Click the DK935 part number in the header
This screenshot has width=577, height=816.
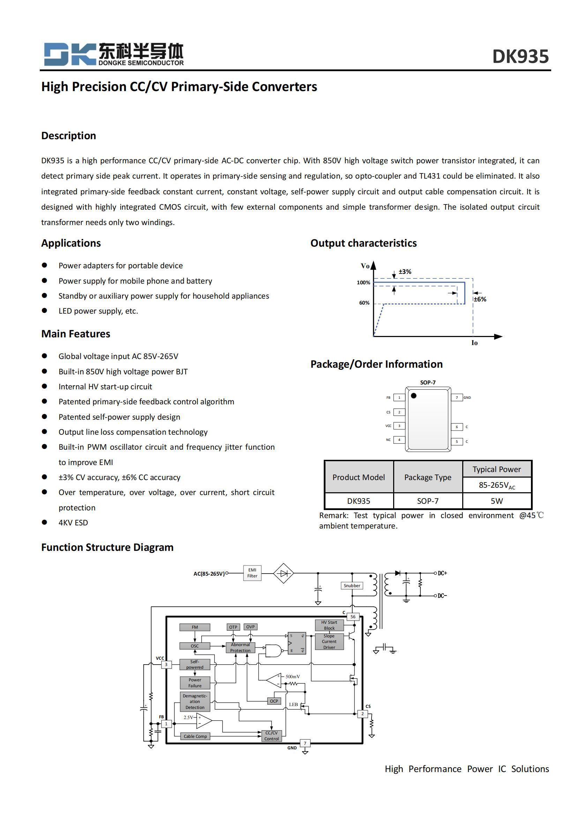click(520, 57)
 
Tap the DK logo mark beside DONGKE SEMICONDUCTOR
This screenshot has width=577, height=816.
click(70, 54)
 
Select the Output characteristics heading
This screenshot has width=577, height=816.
click(363, 243)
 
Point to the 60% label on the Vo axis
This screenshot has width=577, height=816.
click(364, 303)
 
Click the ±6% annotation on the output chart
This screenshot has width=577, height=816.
click(480, 299)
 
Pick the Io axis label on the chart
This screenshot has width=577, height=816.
click(474, 343)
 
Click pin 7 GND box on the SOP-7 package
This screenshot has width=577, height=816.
click(457, 397)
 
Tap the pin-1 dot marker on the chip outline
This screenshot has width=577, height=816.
click(414, 396)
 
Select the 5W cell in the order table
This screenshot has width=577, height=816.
click(496, 501)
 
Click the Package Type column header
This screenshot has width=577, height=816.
click(427, 477)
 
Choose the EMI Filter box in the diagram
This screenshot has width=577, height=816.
click(252, 573)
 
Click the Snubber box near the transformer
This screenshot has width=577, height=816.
click(352, 585)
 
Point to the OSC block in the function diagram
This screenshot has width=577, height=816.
click(195, 646)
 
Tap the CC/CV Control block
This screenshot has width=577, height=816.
click(271, 736)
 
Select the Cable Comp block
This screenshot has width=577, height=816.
click(195, 736)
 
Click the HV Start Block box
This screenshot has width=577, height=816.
click(329, 625)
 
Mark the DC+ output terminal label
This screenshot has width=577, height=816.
click(442, 573)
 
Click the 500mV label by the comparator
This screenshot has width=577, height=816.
click(292, 677)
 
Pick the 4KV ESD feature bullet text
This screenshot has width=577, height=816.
click(73, 523)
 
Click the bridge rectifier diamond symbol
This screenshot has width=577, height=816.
click(283, 573)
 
